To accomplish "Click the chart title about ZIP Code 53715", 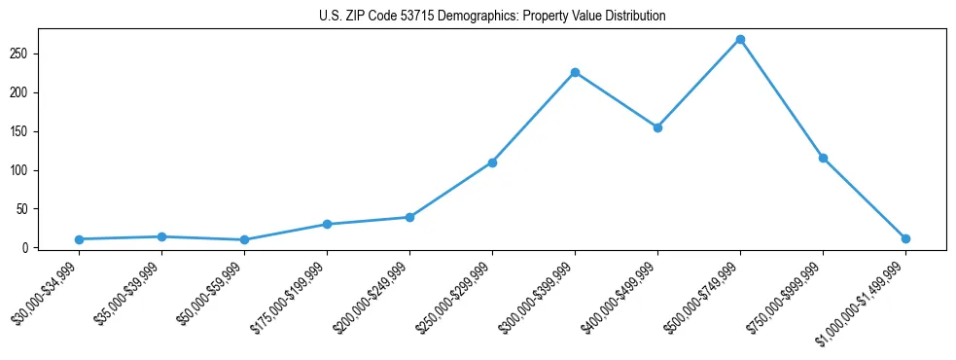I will pyautogui.click(x=491, y=16).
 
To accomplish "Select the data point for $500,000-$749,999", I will pyautogui.click(x=740, y=39).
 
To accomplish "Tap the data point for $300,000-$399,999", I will pyautogui.click(x=575, y=72).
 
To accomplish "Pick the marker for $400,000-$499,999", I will pyautogui.click(x=657, y=127).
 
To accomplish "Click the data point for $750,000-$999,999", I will pyautogui.click(x=823, y=158).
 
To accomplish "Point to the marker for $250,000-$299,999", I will pyautogui.click(x=492, y=162).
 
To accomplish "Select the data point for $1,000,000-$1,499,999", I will pyautogui.click(x=905, y=238).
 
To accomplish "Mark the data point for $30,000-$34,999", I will pyautogui.click(x=79, y=239).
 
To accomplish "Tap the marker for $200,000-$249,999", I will pyautogui.click(x=409, y=217).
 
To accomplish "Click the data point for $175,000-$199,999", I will pyautogui.click(x=327, y=224).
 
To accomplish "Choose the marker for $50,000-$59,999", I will pyautogui.click(x=244, y=239).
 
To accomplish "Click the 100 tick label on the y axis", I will pyautogui.click(x=21, y=170).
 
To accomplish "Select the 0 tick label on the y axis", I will pyautogui.click(x=26, y=248).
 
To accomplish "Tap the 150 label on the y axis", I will pyautogui.click(x=21, y=131).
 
